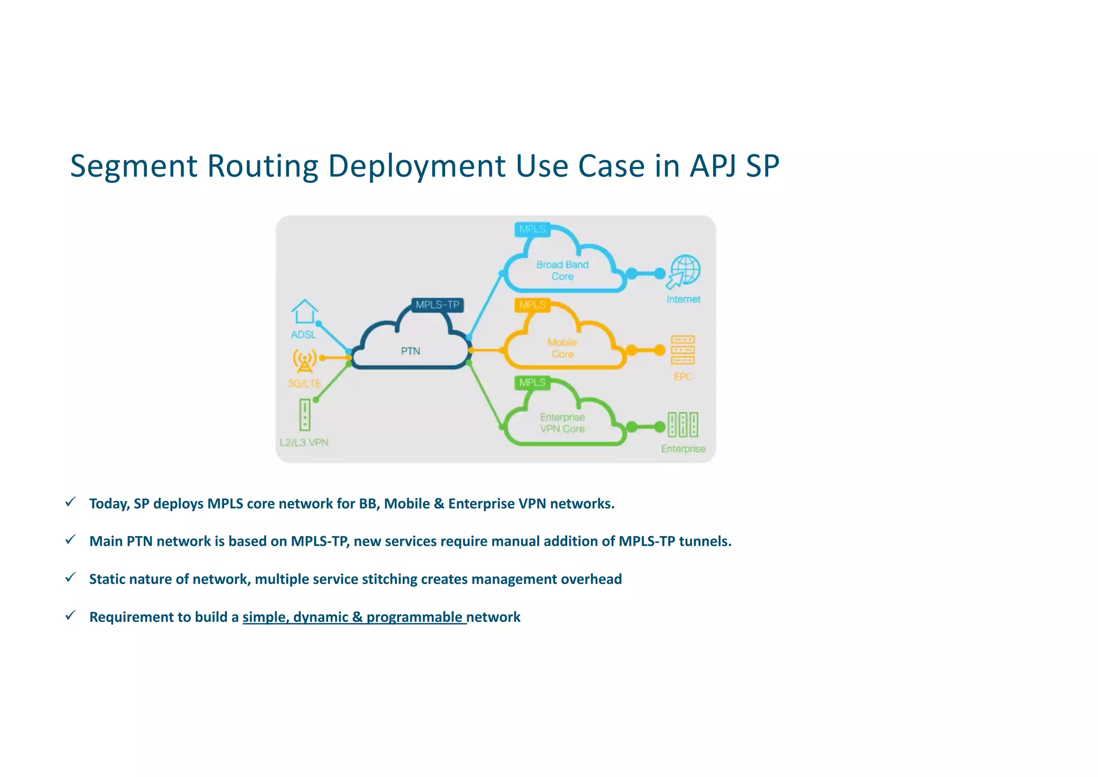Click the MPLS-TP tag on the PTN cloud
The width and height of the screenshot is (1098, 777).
(437, 305)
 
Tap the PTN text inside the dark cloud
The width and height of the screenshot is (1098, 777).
(410, 351)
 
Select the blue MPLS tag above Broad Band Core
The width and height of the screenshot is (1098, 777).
(532, 229)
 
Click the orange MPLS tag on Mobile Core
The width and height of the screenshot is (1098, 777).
(532, 305)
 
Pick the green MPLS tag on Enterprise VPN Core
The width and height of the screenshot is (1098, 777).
(532, 383)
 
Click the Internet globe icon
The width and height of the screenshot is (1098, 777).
(684, 271)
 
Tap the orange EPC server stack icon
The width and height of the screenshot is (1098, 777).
(682, 350)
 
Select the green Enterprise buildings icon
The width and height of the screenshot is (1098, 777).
(682, 424)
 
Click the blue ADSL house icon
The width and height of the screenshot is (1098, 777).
(305, 312)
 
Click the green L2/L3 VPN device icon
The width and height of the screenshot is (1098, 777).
(305, 414)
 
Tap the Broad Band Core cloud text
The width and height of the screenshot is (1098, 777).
(562, 270)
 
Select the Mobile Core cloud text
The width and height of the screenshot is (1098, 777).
(562, 348)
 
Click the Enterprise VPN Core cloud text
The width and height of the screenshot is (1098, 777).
(562, 423)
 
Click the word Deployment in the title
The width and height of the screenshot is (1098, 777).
(417, 166)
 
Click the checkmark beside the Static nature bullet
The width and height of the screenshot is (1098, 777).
(70, 577)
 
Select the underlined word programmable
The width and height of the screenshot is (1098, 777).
(414, 617)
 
